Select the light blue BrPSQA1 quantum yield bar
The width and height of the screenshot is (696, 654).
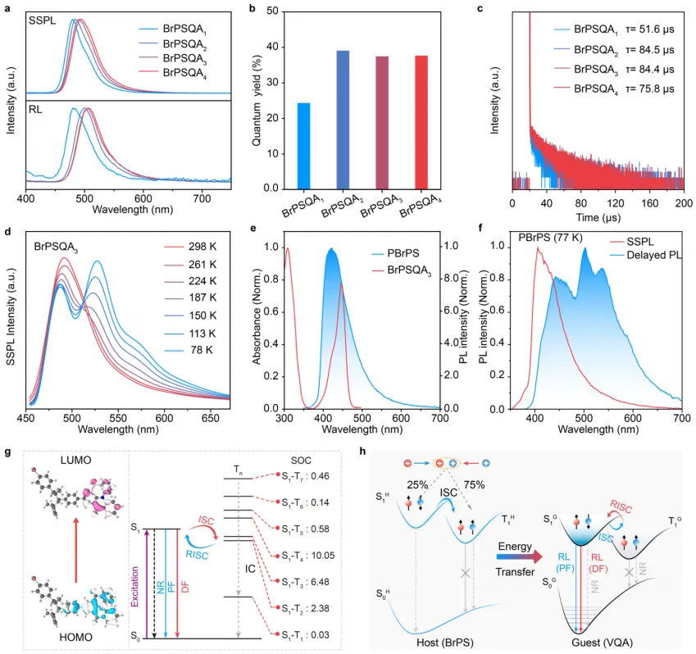coord(303,146)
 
